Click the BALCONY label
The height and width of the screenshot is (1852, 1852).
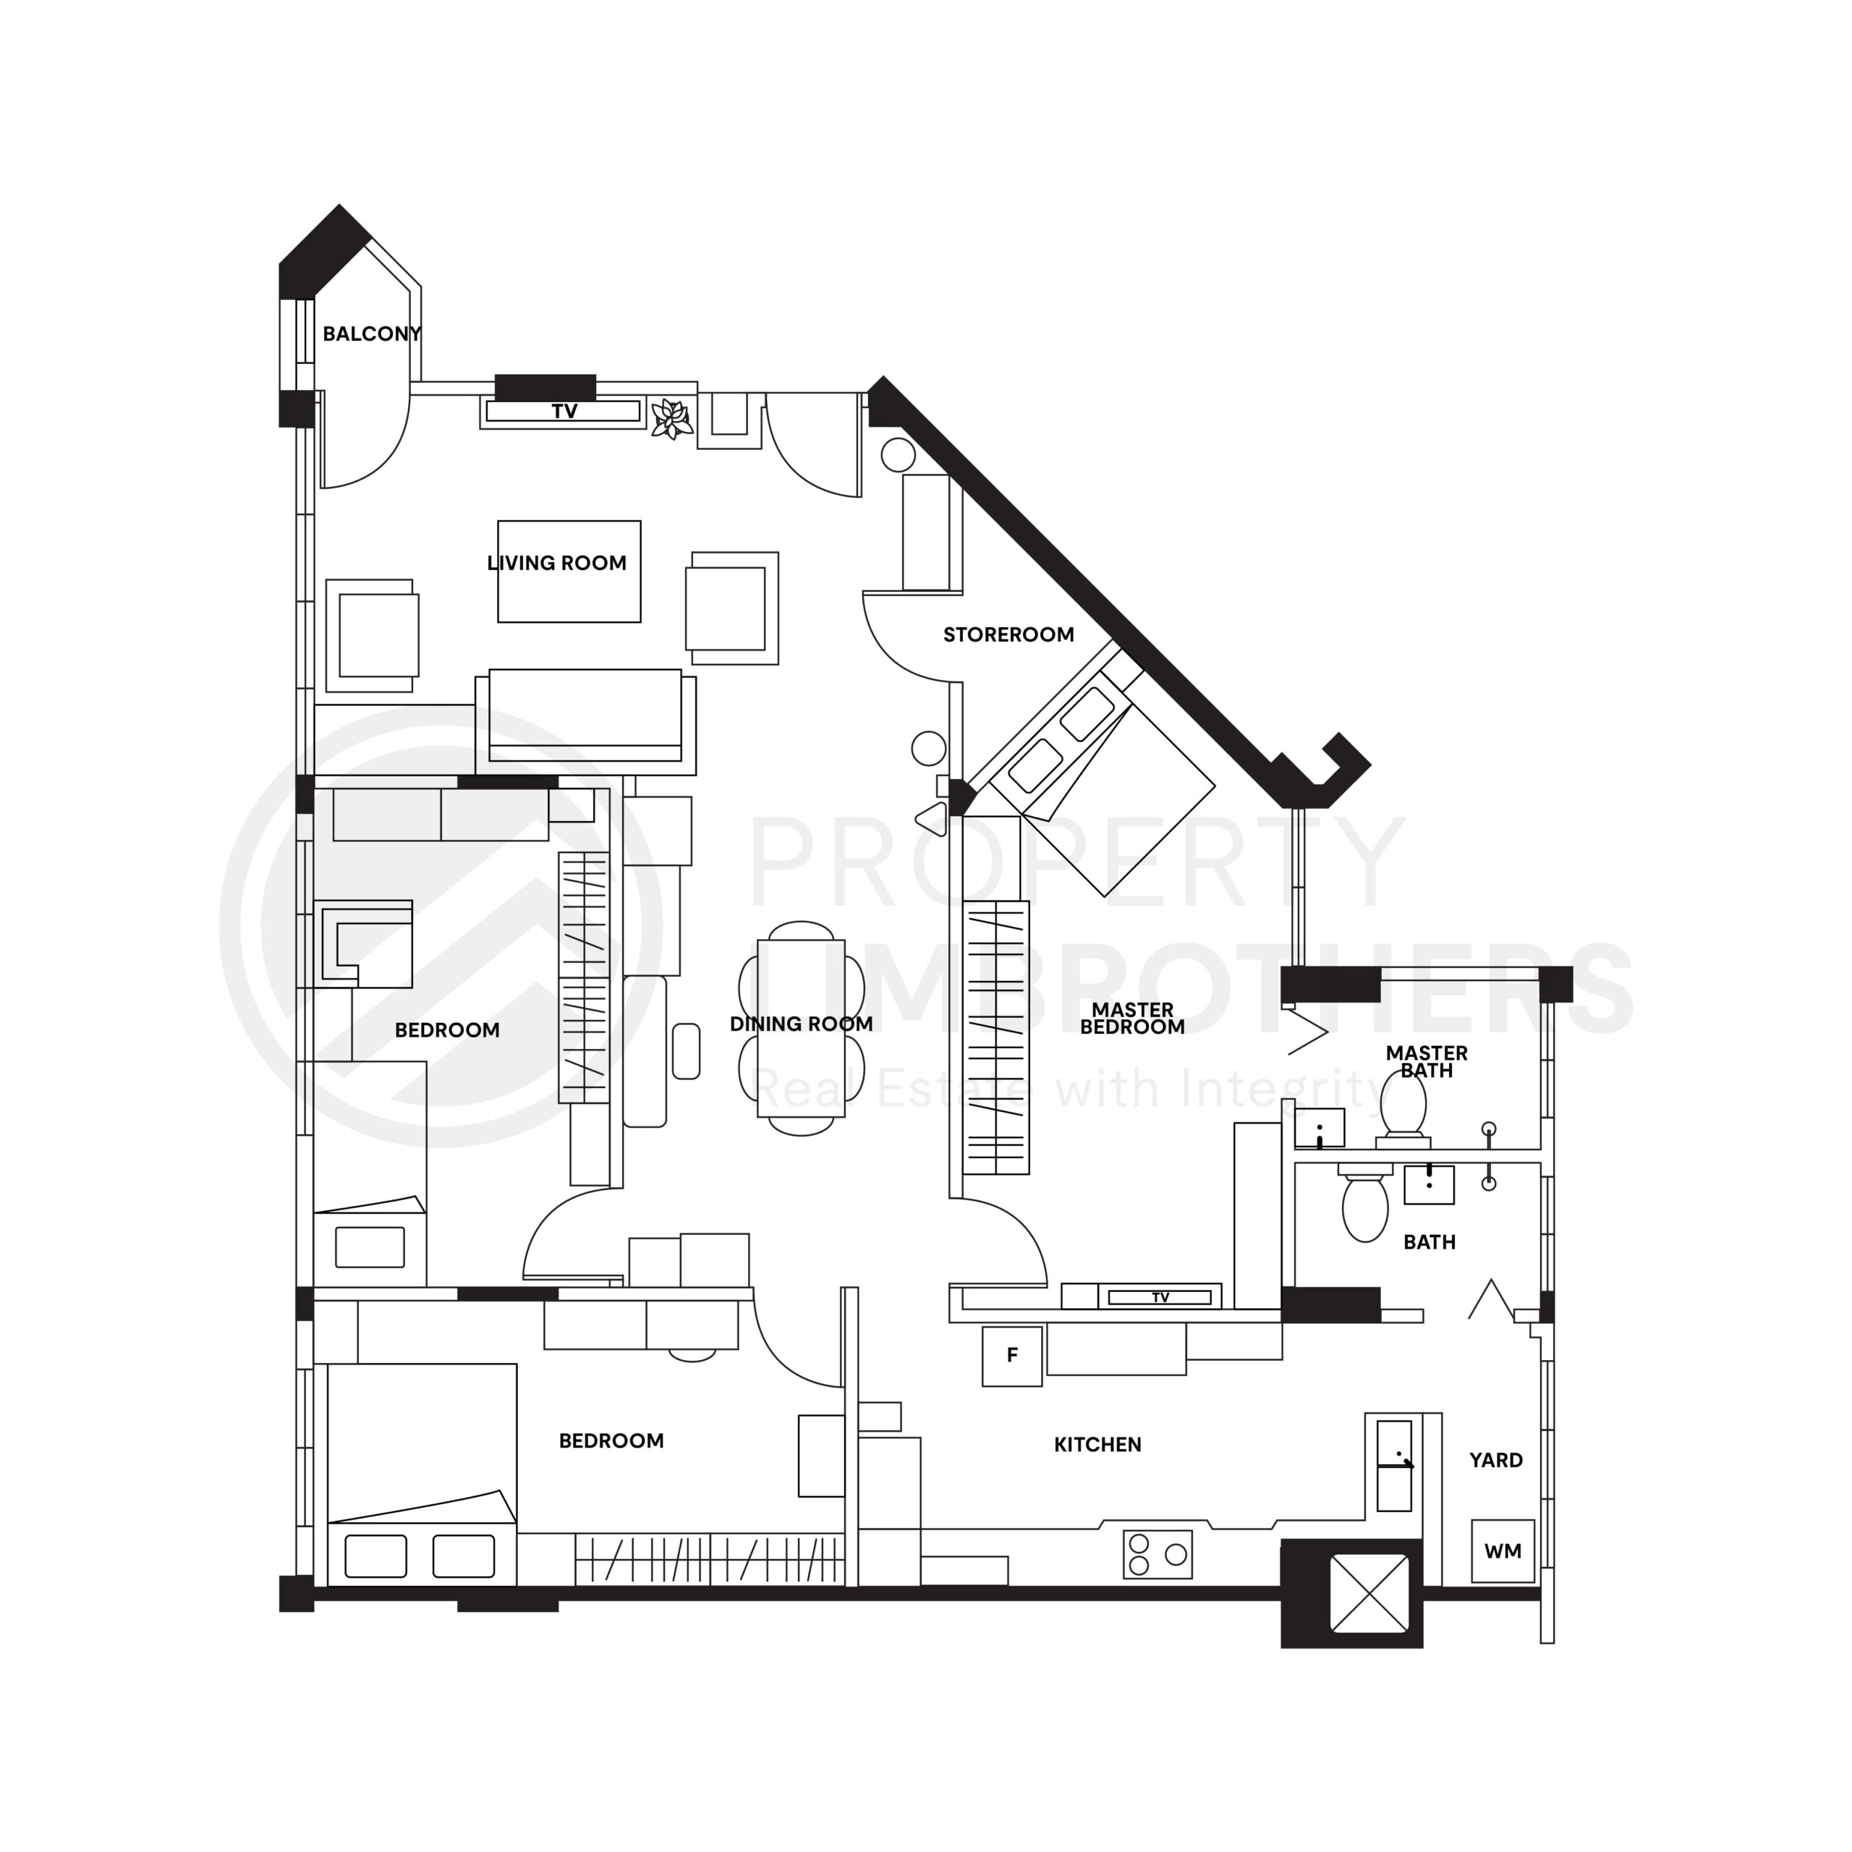(371, 334)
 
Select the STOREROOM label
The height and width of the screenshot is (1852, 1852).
(1008, 634)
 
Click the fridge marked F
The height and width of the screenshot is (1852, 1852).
(1012, 1356)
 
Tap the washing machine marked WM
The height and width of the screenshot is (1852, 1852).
(1502, 1551)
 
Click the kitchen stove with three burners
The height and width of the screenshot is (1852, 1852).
(1157, 1555)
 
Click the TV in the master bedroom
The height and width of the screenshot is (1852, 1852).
(1160, 1298)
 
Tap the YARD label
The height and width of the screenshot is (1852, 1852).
(1495, 1460)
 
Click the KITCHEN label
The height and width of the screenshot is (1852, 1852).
(1097, 1445)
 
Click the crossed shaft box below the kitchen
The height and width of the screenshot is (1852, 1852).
(1369, 1592)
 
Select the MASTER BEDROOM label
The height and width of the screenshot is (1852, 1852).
(1132, 1018)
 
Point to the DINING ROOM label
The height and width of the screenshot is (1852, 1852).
(802, 1024)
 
